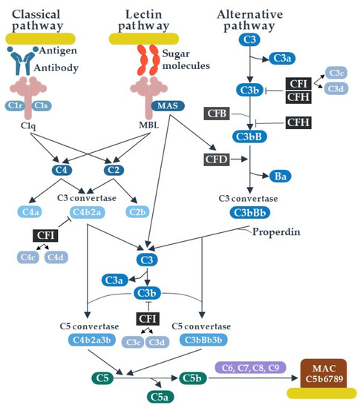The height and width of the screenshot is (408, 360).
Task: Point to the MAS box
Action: point(166,106)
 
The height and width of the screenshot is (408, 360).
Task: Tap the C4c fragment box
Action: point(28,257)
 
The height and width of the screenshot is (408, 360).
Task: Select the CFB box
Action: point(217,113)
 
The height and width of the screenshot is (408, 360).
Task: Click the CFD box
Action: point(217,159)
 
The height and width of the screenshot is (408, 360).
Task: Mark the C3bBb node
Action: point(253,212)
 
